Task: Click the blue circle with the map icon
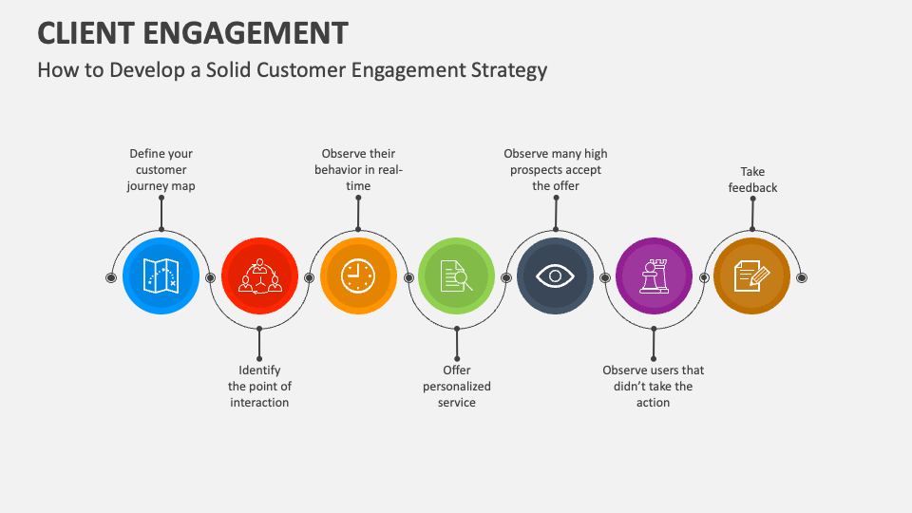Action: click(x=161, y=275)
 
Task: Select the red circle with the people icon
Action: click(x=259, y=275)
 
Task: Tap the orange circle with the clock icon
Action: click(x=358, y=275)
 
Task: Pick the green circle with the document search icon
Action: click(x=457, y=275)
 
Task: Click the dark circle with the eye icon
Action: click(x=556, y=275)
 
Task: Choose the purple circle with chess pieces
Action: click(x=654, y=275)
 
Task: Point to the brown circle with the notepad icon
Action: click(x=752, y=275)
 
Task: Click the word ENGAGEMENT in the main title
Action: click(x=245, y=33)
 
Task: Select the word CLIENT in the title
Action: click(x=86, y=33)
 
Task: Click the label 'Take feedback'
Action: click(x=752, y=180)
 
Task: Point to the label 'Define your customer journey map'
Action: click(x=161, y=170)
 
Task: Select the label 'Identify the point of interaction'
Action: click(x=259, y=387)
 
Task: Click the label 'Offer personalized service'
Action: click(x=457, y=387)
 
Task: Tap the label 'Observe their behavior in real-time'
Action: click(x=358, y=170)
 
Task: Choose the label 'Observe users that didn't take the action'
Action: click(x=654, y=387)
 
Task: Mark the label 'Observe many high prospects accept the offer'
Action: click(x=556, y=170)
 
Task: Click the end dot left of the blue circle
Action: click(x=111, y=277)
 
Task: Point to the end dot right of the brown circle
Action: click(x=802, y=277)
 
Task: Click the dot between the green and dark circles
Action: click(x=506, y=278)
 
